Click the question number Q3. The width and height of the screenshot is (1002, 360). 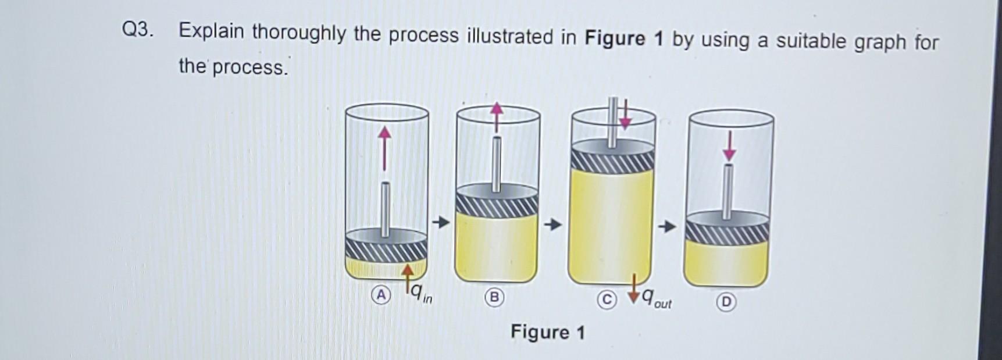(138, 30)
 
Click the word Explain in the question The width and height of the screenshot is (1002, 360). (211, 32)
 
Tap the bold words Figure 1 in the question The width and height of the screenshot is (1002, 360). (623, 38)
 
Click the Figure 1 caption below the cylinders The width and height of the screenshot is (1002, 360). (547, 332)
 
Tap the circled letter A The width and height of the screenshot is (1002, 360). (380, 295)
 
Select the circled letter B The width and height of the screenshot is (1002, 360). (494, 297)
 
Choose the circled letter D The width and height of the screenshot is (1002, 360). (726, 302)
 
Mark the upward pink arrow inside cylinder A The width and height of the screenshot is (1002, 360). (384, 148)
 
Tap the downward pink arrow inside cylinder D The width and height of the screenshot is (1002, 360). (729, 145)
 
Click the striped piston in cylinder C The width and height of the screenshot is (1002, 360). (612, 159)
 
